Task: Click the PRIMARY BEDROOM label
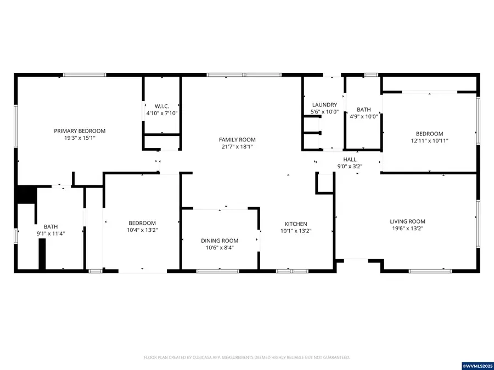click(x=80, y=131)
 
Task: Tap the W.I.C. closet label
click(x=161, y=106)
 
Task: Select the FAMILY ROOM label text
click(x=237, y=140)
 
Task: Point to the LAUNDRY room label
click(x=324, y=105)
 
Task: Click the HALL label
click(x=350, y=160)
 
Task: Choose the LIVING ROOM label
click(x=407, y=221)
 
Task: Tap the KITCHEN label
click(x=295, y=224)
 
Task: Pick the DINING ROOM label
click(x=220, y=241)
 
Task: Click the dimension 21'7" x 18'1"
click(x=237, y=147)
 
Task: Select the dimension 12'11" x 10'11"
click(x=429, y=141)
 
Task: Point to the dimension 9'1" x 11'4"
click(x=51, y=234)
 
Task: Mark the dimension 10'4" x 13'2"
click(x=142, y=230)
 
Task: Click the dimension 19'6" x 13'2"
click(x=407, y=229)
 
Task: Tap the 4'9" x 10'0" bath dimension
click(x=364, y=116)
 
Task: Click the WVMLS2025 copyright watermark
click(x=477, y=365)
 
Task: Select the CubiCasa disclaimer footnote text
click(x=246, y=357)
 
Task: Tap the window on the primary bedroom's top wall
click(x=85, y=75)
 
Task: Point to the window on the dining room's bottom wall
click(x=219, y=271)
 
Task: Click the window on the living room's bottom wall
click(x=430, y=271)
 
